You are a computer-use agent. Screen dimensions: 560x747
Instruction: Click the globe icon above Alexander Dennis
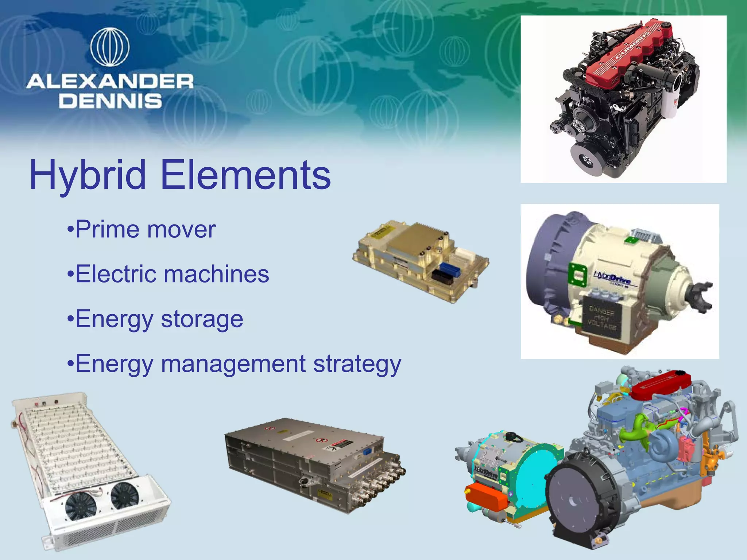pyautogui.click(x=110, y=47)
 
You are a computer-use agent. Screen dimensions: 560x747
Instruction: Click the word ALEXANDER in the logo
pyautogui.click(x=110, y=81)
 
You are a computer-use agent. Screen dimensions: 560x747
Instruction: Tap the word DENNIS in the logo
pyautogui.click(x=110, y=101)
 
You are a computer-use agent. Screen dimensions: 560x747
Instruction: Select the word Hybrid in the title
pyautogui.click(x=88, y=176)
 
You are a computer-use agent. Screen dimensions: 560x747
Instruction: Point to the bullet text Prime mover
pyautogui.click(x=145, y=229)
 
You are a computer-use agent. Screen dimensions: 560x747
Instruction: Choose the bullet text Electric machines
pyautogui.click(x=172, y=274)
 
